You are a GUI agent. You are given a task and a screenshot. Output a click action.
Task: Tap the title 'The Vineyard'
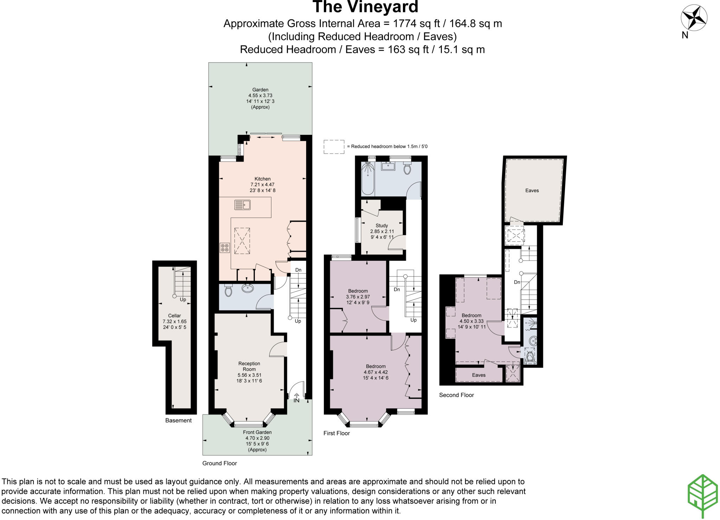click(x=365, y=7)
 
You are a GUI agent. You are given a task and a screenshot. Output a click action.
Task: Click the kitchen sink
click(x=242, y=204)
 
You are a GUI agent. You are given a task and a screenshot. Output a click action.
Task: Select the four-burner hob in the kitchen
click(x=224, y=248)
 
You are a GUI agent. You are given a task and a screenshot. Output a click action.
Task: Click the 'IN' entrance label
click(x=296, y=400)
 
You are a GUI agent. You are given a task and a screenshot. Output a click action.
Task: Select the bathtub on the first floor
click(x=368, y=179)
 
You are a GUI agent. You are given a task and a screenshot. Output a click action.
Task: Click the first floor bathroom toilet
click(x=407, y=168)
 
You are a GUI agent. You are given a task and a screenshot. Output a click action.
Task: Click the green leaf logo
click(x=702, y=496)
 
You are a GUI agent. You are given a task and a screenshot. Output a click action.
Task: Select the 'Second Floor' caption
click(x=456, y=395)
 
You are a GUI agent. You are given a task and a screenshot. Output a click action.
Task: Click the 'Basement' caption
click(x=178, y=420)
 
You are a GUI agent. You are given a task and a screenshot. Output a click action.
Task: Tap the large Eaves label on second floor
click(x=532, y=190)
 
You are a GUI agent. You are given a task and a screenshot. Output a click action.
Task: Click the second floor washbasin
click(x=533, y=340)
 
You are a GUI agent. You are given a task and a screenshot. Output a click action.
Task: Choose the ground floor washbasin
click(x=248, y=288)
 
